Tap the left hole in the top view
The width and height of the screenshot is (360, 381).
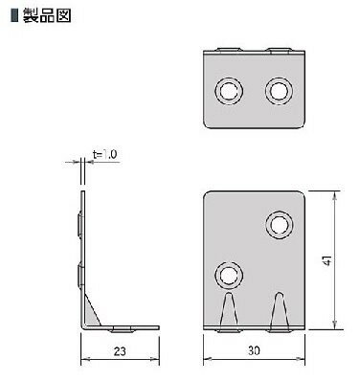point(230,91)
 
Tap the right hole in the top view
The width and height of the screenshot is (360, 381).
point(279,91)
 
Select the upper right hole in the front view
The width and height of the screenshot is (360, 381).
point(281,225)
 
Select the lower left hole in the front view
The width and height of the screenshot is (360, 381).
point(229,276)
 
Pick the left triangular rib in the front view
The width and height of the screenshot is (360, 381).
point(230,311)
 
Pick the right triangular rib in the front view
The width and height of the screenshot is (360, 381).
point(280,311)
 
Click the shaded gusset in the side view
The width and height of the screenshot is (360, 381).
point(93,311)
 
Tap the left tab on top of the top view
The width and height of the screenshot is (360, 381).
point(229,47)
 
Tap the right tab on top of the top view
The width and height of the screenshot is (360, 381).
point(279,47)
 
